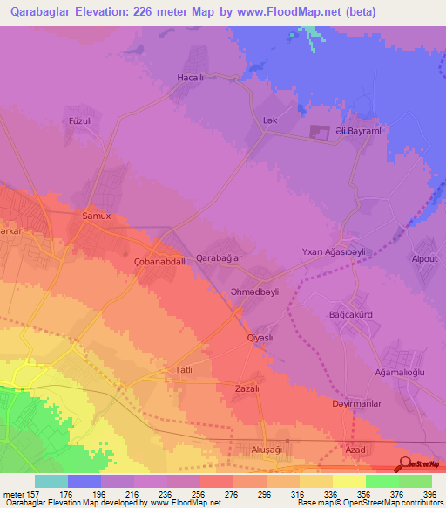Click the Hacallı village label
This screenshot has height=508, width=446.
190,78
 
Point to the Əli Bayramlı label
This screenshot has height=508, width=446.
354,132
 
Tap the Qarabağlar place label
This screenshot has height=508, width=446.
219,258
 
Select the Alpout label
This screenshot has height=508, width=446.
424,259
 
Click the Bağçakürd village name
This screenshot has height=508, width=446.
350,314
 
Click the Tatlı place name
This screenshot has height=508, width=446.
184,369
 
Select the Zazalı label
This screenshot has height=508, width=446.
248,388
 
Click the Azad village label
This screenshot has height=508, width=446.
355,449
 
